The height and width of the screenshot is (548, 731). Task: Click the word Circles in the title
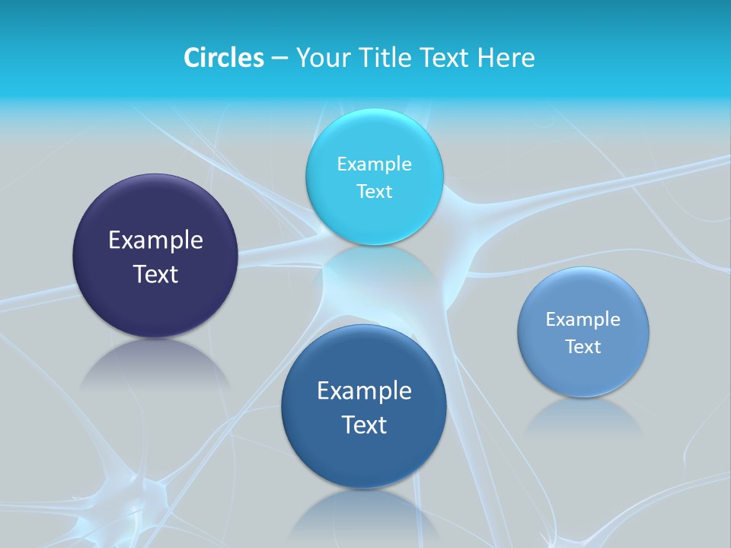click(x=223, y=58)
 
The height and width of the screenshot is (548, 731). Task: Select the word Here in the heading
click(x=506, y=58)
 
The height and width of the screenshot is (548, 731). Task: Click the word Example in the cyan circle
click(x=374, y=164)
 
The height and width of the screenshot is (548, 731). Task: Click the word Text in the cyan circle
click(x=374, y=191)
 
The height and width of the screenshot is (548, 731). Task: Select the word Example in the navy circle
click(x=155, y=241)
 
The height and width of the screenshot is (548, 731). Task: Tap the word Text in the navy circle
click(x=155, y=274)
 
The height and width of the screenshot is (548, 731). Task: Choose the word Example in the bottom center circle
click(x=364, y=391)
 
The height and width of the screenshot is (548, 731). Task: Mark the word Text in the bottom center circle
click(x=364, y=425)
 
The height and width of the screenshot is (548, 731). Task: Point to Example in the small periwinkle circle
click(x=583, y=320)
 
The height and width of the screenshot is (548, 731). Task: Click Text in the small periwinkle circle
click(x=583, y=347)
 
